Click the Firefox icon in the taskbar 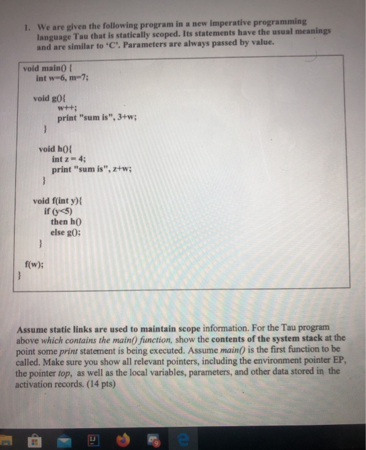point(125,440)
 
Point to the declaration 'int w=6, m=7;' point(62,78)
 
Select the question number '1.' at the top point(22,29)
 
